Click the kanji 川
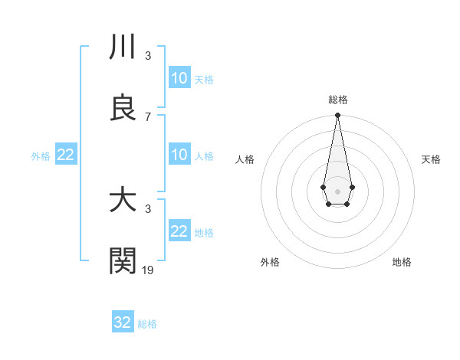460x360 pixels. pyautogui.click(x=123, y=47)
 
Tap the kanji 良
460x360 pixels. pyautogui.click(x=123, y=109)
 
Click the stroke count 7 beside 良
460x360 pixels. pyautogui.click(x=148, y=116)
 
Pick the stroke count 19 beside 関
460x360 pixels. pyautogui.click(x=148, y=270)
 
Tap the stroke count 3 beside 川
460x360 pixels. pyautogui.click(x=148, y=55)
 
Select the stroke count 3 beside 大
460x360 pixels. pyautogui.click(x=148, y=208)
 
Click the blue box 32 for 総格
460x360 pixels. pyautogui.click(x=123, y=322)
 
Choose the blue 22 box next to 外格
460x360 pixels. pyautogui.click(x=65, y=155)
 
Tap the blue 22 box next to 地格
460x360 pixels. pyautogui.click(x=179, y=231)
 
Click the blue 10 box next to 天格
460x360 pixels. pyautogui.click(x=179, y=78)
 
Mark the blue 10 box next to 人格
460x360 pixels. pyautogui.click(x=179, y=155)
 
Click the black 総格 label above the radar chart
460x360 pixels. pyautogui.click(x=337, y=100)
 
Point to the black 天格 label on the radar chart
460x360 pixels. pyautogui.click(x=431, y=159)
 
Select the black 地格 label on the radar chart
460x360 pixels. pyautogui.click(x=402, y=262)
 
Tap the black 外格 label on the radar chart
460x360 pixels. pyautogui.click(x=270, y=262)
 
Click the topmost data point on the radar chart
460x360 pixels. pyautogui.click(x=337, y=116)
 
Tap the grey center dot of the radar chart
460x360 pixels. pyautogui.click(x=337, y=190)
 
